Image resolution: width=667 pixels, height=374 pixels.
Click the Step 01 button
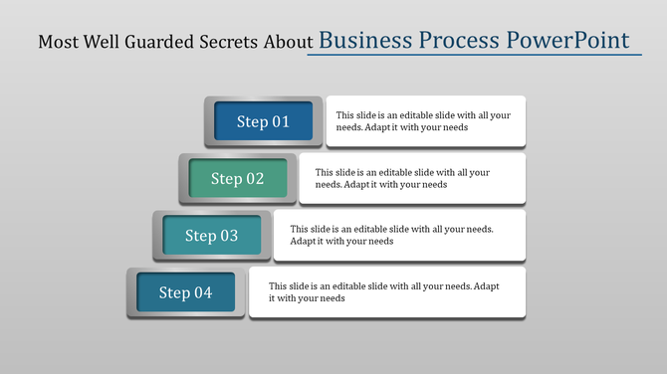(x=263, y=121)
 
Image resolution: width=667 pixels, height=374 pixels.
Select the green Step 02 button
(x=237, y=179)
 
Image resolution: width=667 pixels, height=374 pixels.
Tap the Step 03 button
(x=211, y=236)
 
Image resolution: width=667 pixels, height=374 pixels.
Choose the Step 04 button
(x=186, y=292)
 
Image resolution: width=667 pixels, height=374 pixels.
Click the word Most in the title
(x=55, y=43)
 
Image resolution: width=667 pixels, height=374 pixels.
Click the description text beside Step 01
(x=423, y=121)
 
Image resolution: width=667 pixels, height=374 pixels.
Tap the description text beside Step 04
(x=383, y=291)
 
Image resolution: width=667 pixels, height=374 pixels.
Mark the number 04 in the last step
(x=203, y=292)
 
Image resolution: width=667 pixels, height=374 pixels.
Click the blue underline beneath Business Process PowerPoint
(x=474, y=56)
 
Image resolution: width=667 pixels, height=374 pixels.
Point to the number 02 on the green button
(x=254, y=179)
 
